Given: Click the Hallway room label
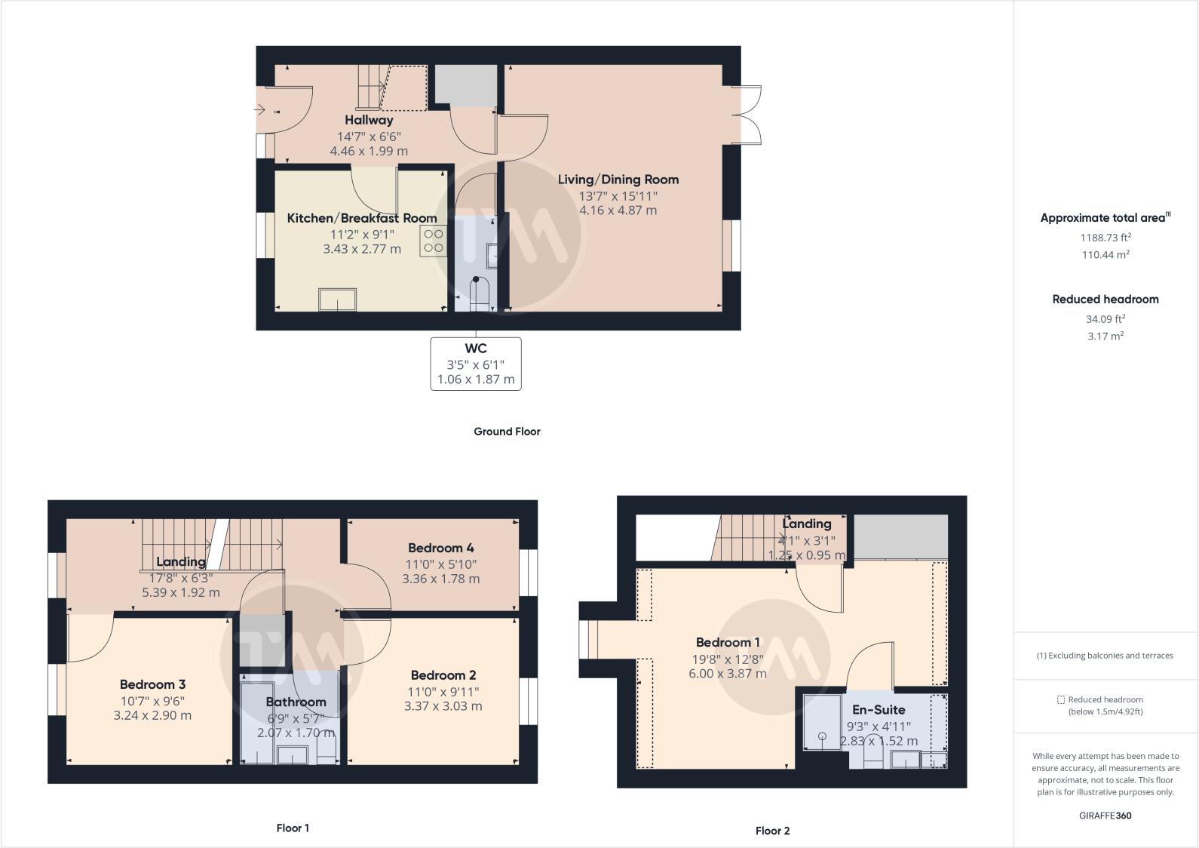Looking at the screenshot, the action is click(x=369, y=120).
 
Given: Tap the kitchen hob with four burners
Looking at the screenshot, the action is click(x=433, y=241).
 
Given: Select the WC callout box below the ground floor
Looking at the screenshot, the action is click(x=476, y=364).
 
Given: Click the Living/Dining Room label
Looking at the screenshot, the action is click(x=618, y=180).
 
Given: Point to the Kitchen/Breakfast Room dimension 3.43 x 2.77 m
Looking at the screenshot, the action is click(x=362, y=248).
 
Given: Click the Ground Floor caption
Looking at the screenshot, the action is click(x=507, y=432).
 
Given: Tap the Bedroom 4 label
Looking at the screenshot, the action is click(x=440, y=548).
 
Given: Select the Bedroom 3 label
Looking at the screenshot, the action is click(x=152, y=684).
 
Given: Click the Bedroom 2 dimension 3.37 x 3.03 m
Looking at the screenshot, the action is click(x=443, y=706).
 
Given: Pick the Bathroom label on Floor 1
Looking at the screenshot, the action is click(x=296, y=702).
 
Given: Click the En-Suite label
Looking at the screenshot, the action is click(x=879, y=710).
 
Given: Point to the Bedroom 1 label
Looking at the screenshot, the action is click(x=728, y=642).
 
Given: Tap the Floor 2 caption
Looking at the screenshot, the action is click(x=772, y=831).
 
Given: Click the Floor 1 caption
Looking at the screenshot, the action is click(x=293, y=828).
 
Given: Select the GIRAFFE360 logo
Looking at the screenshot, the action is click(x=1105, y=816).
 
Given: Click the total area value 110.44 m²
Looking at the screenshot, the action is click(x=1105, y=254).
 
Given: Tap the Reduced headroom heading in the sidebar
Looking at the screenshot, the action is click(x=1105, y=300).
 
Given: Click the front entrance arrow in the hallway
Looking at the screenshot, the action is click(x=259, y=110).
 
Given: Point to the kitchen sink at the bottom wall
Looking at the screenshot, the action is click(x=337, y=300).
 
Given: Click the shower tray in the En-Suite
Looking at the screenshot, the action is click(x=823, y=722).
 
